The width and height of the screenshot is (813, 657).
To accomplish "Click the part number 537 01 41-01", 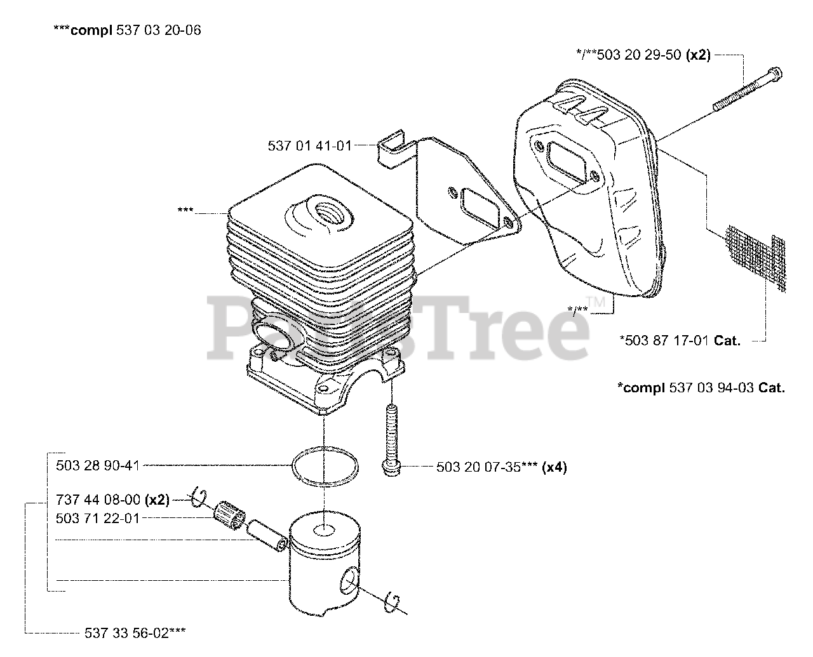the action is [x=309, y=146].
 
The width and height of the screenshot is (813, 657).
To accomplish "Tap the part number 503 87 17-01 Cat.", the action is [x=680, y=340].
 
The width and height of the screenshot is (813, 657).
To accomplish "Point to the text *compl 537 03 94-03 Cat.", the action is [x=701, y=387].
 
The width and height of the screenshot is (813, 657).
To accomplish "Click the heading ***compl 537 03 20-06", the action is [x=127, y=30].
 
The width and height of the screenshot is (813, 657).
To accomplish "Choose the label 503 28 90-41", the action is [x=97, y=465].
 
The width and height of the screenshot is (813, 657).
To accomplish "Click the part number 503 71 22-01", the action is [x=97, y=518].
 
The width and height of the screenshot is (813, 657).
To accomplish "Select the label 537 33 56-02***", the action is [x=135, y=632].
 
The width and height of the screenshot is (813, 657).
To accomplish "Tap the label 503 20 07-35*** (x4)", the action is [x=502, y=467].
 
